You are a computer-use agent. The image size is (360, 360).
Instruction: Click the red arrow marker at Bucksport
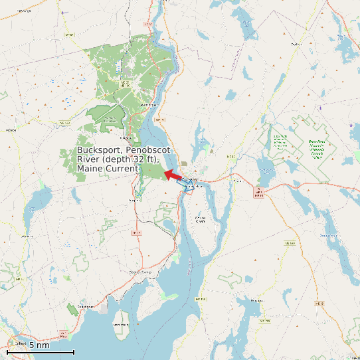[x=172, y=175]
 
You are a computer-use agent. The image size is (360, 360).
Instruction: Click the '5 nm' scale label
[x=39, y=345]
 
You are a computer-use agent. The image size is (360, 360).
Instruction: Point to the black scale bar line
[x=41, y=352]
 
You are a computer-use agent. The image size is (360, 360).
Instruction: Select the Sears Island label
[x=120, y=324]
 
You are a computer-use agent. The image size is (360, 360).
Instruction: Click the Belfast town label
[x=20, y=344]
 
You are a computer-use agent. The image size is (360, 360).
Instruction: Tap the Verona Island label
[x=200, y=219]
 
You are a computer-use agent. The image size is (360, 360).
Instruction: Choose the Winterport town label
[x=149, y=104]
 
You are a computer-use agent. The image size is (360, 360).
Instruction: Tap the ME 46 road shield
[x=230, y=157]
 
